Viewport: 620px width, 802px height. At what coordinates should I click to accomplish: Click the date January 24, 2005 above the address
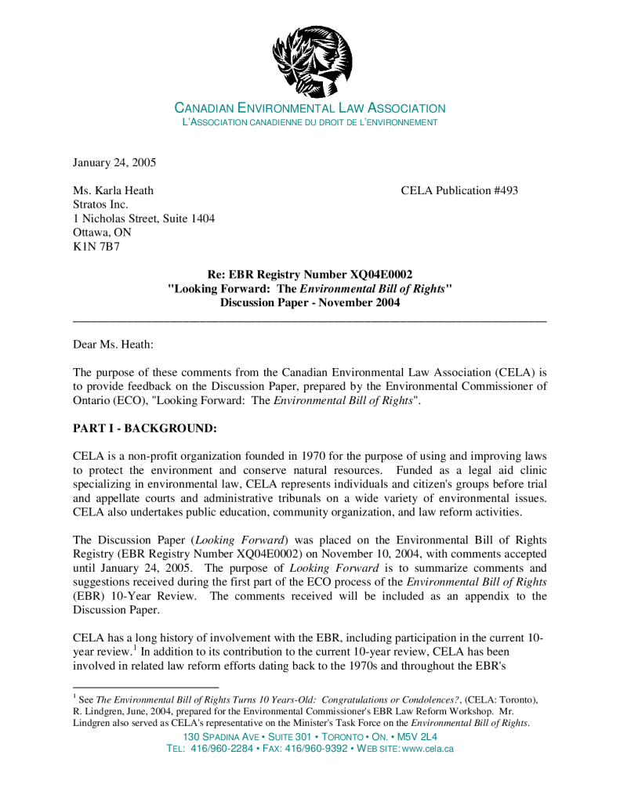point(114,163)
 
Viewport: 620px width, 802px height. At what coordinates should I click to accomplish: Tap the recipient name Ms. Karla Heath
point(113,190)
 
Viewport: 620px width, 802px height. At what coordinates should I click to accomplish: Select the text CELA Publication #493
point(459,190)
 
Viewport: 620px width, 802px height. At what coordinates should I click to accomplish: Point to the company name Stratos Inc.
point(100,204)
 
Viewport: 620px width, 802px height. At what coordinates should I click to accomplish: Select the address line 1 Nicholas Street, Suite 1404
point(143,219)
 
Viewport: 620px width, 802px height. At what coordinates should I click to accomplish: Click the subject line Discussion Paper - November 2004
point(310,303)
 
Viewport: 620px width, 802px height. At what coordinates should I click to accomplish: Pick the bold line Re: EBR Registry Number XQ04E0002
point(310,275)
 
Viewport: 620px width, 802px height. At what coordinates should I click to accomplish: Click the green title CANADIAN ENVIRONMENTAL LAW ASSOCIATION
point(310,109)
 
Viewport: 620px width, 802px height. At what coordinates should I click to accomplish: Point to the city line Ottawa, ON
point(102,233)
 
